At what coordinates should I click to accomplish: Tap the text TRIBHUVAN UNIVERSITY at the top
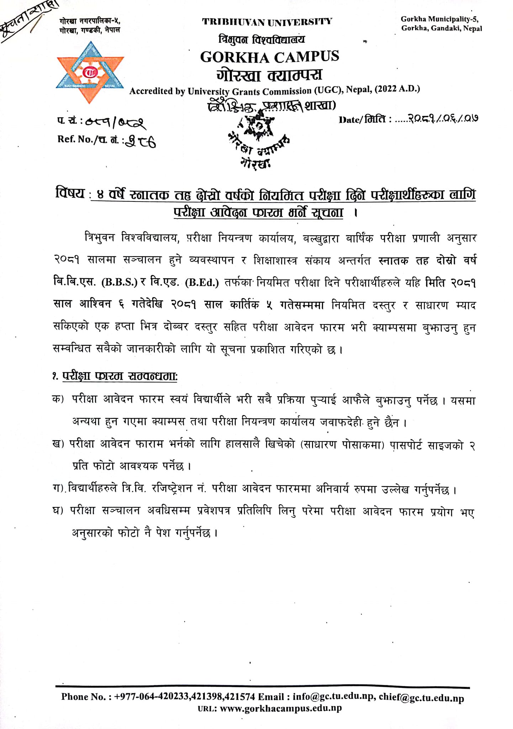click(x=267, y=22)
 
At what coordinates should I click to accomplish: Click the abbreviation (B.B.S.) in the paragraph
click(x=120, y=283)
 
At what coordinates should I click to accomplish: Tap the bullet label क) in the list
click(x=58, y=399)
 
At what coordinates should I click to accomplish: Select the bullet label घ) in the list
click(x=58, y=511)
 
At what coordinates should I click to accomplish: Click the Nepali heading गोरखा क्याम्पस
click(x=269, y=75)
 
